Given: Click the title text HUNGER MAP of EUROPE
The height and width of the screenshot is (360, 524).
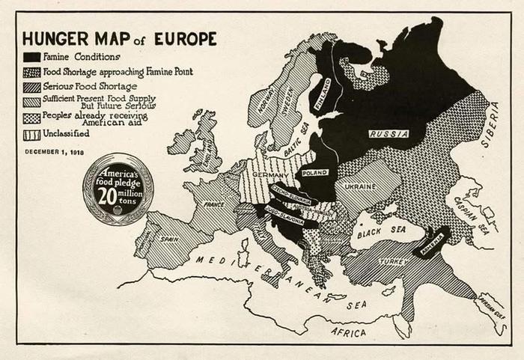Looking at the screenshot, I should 119,38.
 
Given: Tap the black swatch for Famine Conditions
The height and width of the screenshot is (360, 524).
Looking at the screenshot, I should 31,57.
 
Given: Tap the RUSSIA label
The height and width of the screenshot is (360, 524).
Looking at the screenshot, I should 388,133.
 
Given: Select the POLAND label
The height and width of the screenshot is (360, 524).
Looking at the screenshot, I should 314,172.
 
